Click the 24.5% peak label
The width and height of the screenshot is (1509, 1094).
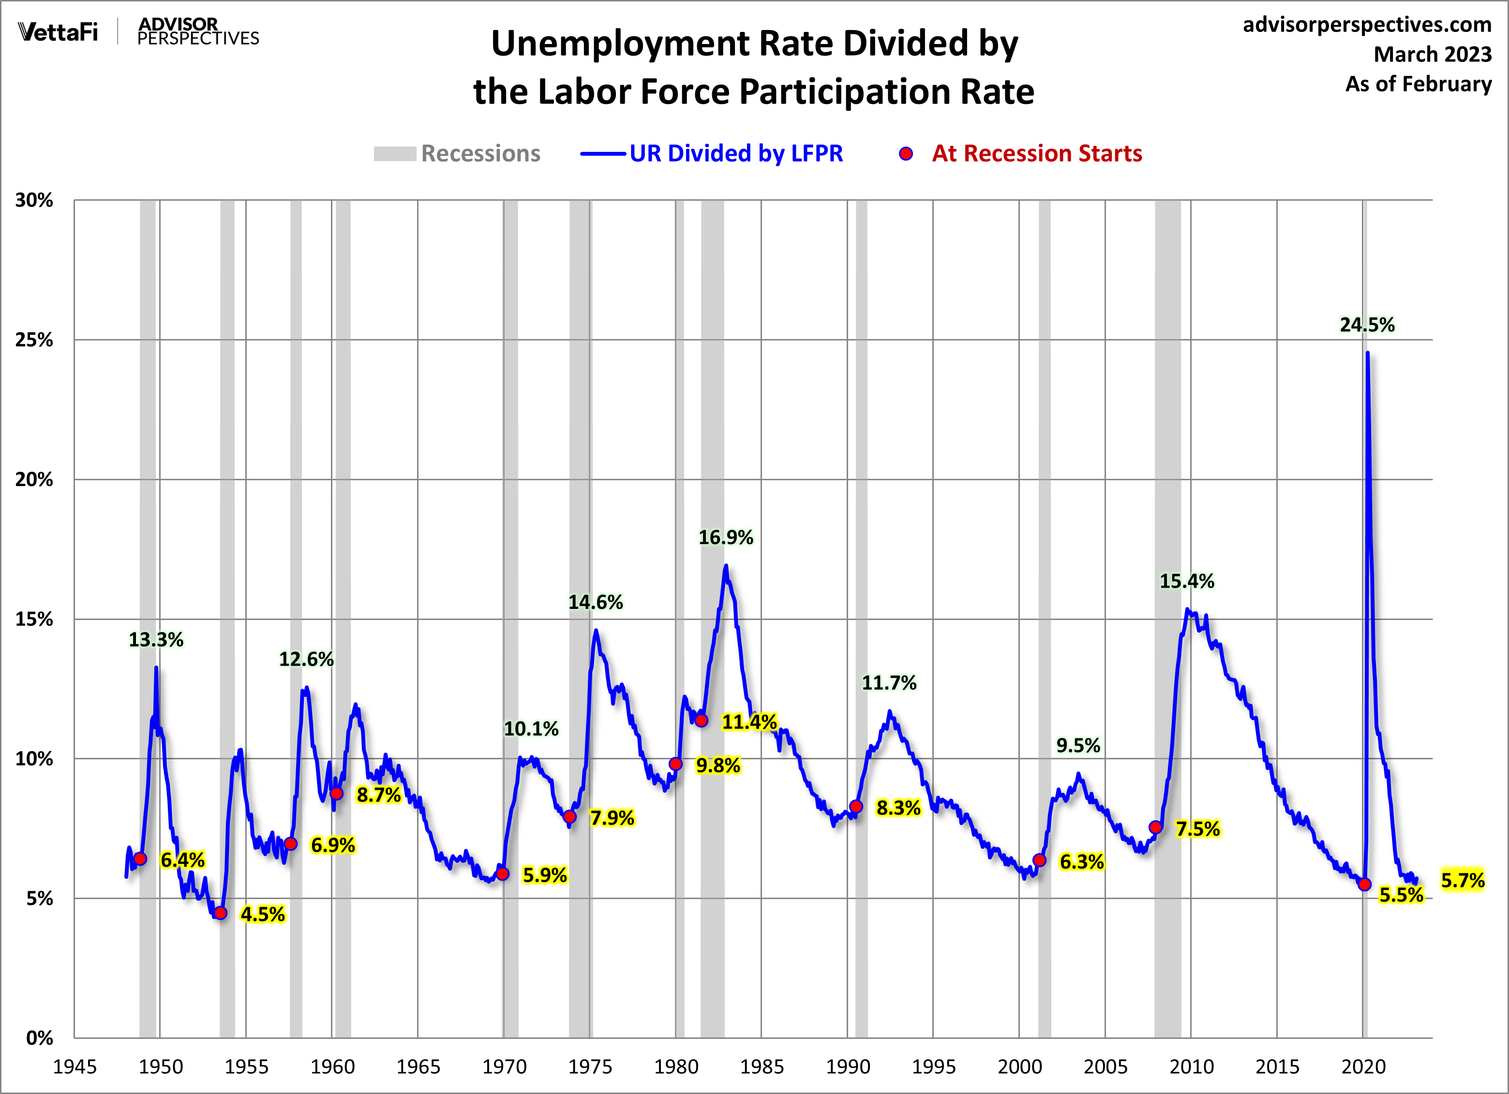coord(1367,325)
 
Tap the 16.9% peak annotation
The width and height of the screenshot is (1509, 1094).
coord(725,537)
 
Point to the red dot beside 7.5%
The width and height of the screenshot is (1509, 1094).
coord(1155,828)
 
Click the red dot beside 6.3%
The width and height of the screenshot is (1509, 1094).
coord(1039,860)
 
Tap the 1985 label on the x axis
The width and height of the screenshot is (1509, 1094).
coord(762,1067)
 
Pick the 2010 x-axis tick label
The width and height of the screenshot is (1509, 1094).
coord(1191,1067)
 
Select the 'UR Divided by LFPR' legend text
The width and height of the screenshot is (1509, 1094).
coord(736,154)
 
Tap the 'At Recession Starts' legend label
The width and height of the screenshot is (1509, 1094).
coord(1037,154)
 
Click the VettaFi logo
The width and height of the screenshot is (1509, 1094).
coord(58,31)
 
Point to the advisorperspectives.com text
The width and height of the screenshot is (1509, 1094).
coord(1367,25)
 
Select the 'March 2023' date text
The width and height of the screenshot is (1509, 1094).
coord(1433,55)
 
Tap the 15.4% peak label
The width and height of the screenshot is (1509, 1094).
coord(1187,581)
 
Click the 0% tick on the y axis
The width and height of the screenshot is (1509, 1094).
coord(39,1038)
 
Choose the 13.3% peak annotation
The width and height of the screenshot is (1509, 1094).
coord(156,640)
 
